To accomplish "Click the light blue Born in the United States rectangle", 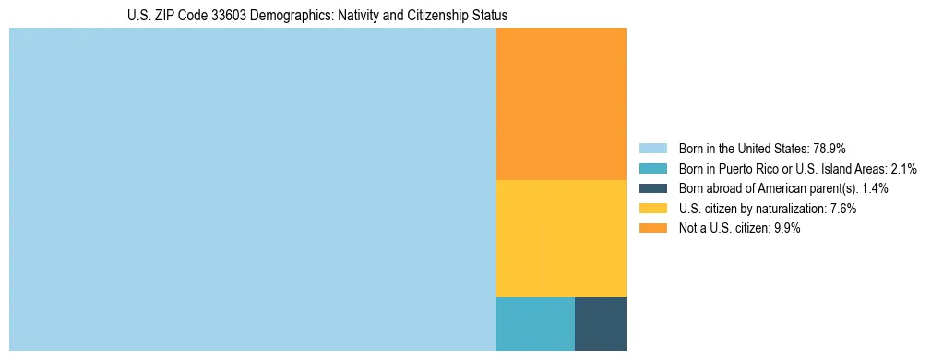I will (x=252, y=189).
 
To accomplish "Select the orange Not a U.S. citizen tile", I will (x=561, y=103).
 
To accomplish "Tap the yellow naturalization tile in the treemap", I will (x=561, y=238).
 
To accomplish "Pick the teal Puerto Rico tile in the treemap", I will (x=535, y=324).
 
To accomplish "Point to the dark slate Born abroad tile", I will (x=601, y=324).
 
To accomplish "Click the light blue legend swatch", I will (x=652, y=148).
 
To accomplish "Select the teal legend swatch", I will (x=652, y=168).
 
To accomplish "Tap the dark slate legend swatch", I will (x=652, y=188).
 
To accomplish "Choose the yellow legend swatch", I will (x=652, y=209).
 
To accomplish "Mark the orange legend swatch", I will (x=652, y=229).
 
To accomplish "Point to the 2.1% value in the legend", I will (x=903, y=168).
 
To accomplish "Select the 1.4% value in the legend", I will (x=875, y=188).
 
